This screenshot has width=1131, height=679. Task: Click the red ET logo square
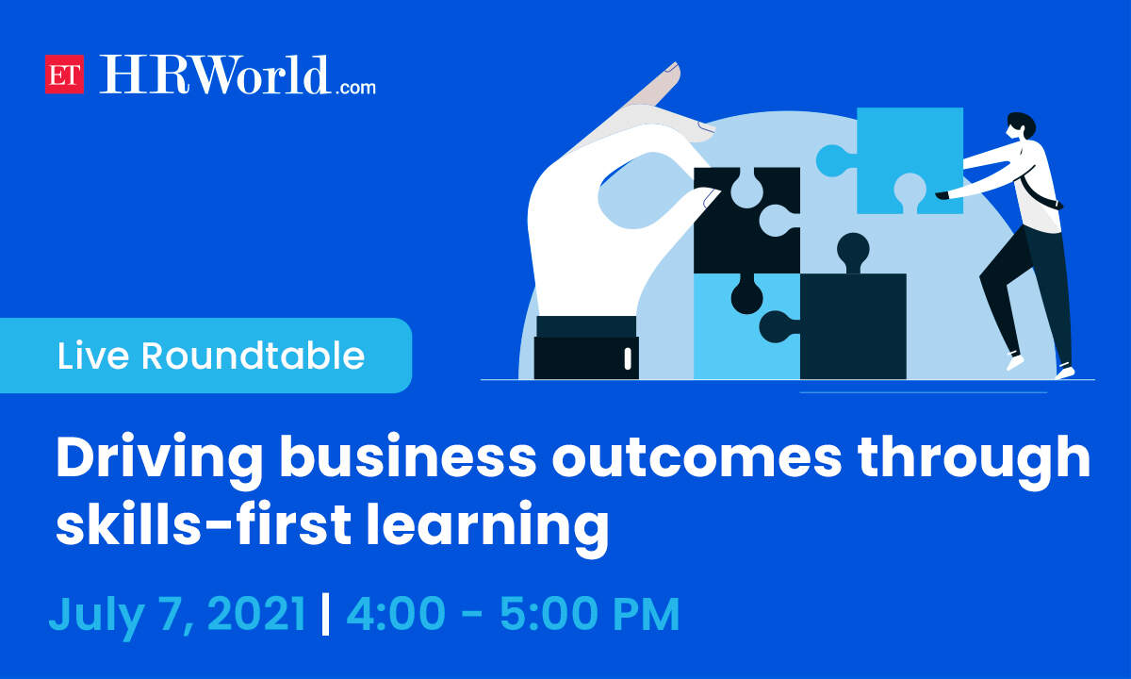(x=64, y=75)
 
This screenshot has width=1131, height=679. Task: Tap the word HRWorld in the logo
(x=214, y=75)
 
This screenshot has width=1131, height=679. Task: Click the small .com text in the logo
(x=355, y=88)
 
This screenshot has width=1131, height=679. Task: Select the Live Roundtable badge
(x=206, y=356)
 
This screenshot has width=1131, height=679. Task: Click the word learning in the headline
(x=488, y=528)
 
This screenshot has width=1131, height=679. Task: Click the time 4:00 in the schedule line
(x=396, y=613)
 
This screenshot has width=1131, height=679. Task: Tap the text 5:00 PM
(x=590, y=613)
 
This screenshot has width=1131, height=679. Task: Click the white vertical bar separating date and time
(x=326, y=614)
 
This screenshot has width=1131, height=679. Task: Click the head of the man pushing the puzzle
(x=1019, y=126)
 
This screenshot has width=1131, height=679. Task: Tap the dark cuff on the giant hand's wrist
(x=586, y=348)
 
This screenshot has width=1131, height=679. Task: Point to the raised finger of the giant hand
(x=651, y=86)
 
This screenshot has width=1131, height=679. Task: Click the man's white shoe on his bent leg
(x=1015, y=362)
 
